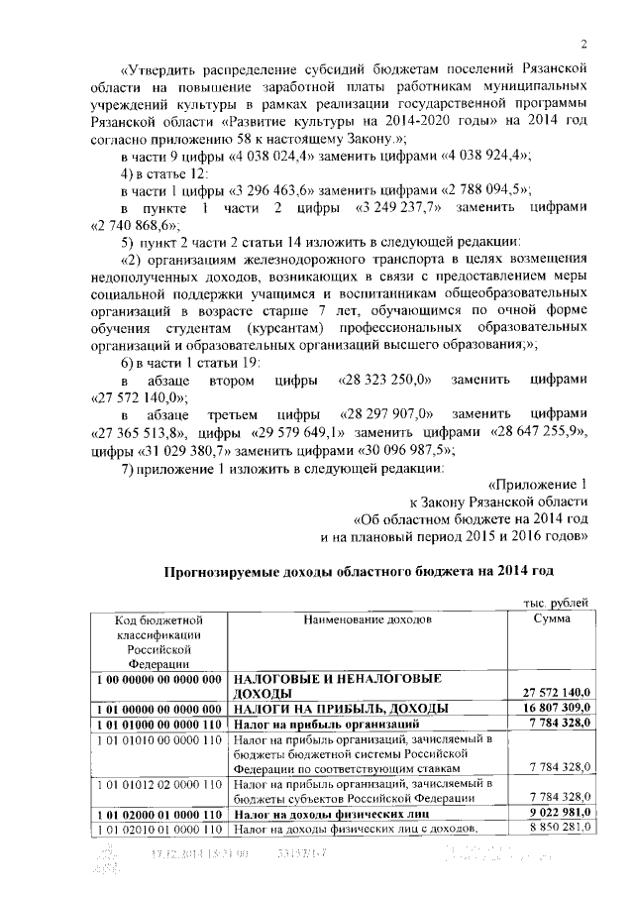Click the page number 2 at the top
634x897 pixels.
point(584,44)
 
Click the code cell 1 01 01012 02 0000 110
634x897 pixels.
point(158,783)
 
